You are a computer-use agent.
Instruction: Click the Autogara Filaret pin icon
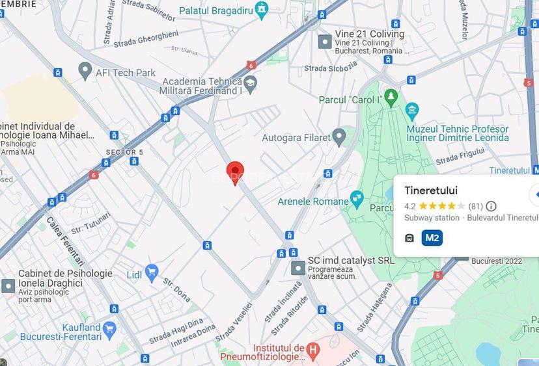pos(339,137)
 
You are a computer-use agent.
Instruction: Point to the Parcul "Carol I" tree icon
pos(391,98)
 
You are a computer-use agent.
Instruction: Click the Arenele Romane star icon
pos(356,198)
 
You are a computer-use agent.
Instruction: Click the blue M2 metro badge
pos(432,238)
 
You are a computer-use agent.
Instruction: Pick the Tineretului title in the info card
pos(431,190)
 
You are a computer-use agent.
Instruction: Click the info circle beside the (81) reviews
pos(491,207)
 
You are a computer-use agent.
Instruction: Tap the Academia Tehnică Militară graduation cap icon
pos(251,83)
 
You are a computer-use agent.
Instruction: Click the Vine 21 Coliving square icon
pos(324,42)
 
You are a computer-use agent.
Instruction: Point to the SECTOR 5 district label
pos(124,152)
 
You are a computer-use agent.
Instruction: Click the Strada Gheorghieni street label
pos(146,39)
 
